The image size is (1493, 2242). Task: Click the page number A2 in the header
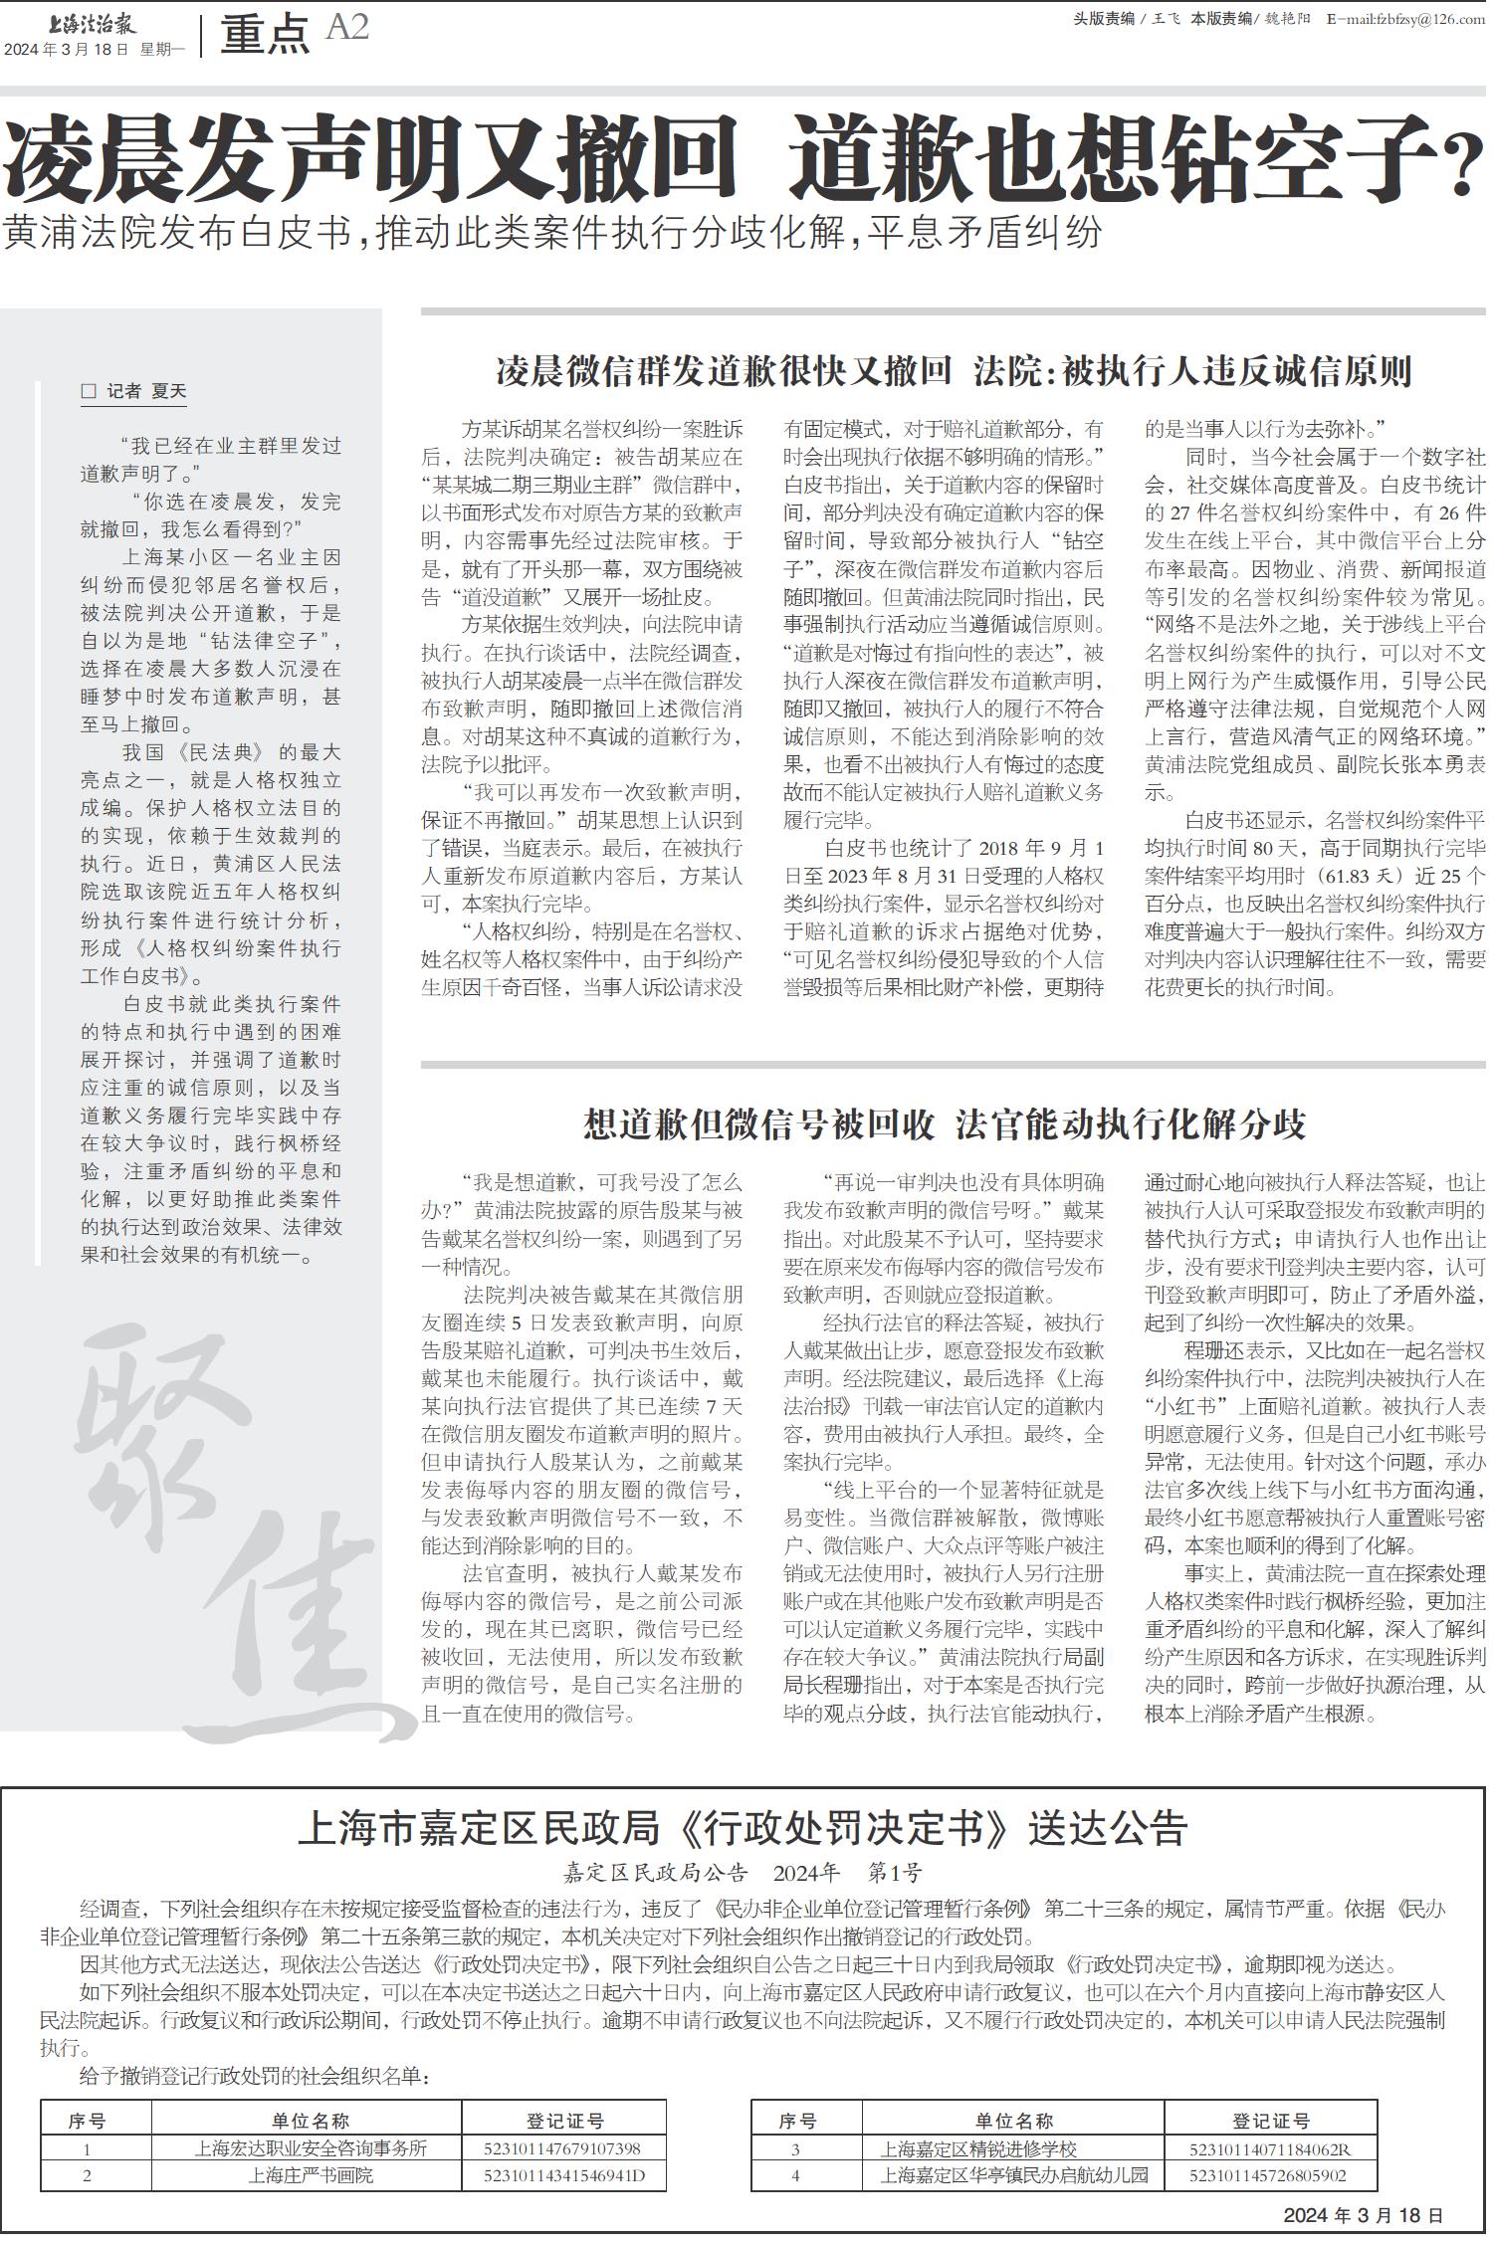pos(346,28)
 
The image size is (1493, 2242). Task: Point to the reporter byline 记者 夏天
pos(135,391)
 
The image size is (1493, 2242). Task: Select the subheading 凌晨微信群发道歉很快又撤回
pos(724,371)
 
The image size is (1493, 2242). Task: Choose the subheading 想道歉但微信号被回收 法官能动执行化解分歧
pos(944,1124)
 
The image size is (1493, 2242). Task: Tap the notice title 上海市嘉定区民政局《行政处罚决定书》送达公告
pos(743,1829)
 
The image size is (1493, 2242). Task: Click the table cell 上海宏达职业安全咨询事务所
pos(311,2148)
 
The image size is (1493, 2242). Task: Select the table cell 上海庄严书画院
pos(311,2175)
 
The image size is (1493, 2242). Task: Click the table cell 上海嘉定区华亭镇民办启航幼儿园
pos(1013,2175)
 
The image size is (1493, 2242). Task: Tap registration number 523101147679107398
pos(561,2148)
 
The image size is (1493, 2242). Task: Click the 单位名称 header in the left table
pos(311,2121)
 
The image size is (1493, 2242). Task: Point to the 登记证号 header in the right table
pos(1269,2121)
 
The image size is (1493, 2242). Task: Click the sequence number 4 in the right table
pos(795,2175)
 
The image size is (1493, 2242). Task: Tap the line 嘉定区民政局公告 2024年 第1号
pos(743,1873)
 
